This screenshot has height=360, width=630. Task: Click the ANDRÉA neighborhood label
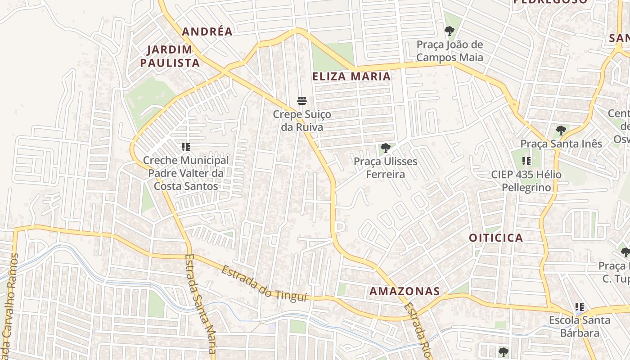coord(207,31)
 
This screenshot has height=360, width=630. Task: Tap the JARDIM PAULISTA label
coord(170,56)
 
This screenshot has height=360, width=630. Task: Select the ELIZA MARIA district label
coord(351,76)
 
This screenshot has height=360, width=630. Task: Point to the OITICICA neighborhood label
coord(496,238)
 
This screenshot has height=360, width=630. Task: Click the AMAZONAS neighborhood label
coord(405,291)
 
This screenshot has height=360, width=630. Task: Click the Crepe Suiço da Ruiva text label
coord(302,121)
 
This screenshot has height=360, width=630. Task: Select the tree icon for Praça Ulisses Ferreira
coord(385,148)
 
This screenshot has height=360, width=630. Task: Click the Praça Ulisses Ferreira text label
coord(385,168)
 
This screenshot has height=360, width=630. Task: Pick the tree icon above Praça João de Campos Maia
coord(449,31)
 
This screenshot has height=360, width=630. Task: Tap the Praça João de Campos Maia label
coord(450,51)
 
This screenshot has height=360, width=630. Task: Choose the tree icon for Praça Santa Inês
coord(561,130)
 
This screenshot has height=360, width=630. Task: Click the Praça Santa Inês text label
coord(561,144)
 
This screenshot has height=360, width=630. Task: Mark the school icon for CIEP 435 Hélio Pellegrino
coord(526,161)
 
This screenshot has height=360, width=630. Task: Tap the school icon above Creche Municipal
coord(185,147)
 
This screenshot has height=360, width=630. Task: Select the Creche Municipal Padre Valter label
coord(186,173)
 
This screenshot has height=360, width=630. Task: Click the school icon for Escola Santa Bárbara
coord(580,307)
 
